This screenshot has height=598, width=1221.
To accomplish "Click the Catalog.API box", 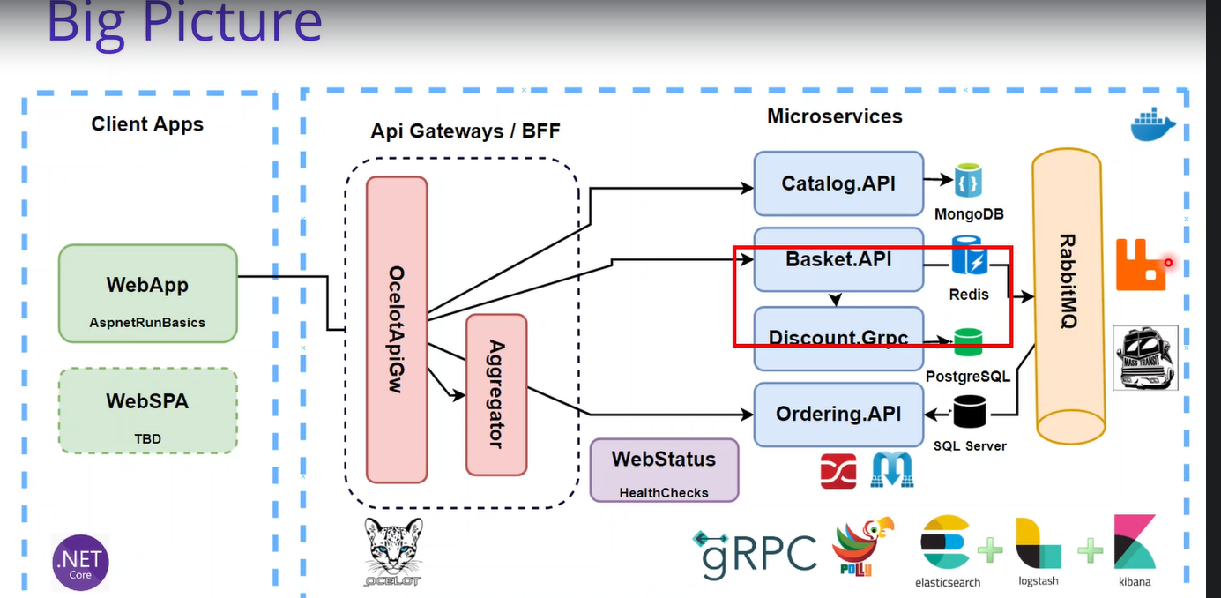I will (838, 183).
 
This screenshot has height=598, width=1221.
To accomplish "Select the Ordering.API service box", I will (838, 414).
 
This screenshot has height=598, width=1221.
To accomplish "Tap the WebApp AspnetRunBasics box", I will (147, 294).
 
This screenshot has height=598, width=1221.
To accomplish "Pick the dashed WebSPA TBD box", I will (147, 410).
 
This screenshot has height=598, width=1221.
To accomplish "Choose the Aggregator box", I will (496, 394).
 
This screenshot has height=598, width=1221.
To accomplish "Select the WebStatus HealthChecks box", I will (664, 470).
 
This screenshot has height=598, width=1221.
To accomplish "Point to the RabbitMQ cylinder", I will (1067, 295).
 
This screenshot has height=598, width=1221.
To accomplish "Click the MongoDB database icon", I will (968, 180).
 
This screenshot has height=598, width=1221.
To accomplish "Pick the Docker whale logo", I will (1153, 124).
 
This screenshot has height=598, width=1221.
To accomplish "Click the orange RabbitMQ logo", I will (1140, 264).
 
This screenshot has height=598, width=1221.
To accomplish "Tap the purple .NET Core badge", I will (80, 561).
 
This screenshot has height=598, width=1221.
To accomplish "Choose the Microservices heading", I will (834, 116).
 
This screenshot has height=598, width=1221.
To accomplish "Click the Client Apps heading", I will (147, 123).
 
